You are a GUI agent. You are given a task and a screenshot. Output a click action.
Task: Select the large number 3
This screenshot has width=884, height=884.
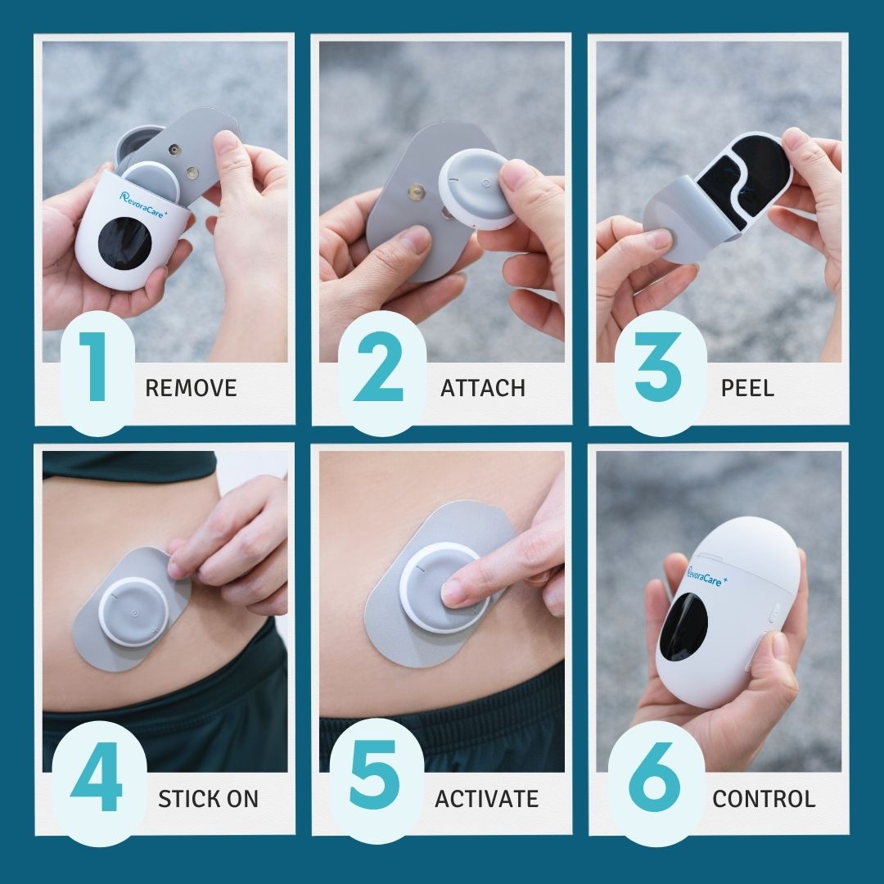point(658,367)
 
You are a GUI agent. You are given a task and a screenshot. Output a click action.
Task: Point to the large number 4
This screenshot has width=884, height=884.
point(97,776)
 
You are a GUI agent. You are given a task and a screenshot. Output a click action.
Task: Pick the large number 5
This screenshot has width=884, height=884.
point(375,775)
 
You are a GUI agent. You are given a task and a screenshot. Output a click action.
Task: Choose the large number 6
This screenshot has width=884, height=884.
point(654,776)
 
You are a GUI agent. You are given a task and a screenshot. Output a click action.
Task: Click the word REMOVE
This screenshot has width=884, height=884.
point(191,388)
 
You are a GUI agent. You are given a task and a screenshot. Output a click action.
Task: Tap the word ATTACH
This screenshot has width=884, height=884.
point(483,388)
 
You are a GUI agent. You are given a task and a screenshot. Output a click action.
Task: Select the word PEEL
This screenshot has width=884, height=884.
point(747,388)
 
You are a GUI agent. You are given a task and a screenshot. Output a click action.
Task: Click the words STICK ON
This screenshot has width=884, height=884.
point(208,799)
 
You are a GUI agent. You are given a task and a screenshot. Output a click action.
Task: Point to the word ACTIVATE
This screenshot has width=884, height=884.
point(486,799)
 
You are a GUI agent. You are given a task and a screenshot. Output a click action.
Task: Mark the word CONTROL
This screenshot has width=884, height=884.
point(764,799)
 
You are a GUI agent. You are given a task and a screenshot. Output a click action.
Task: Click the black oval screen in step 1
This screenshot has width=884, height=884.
point(124,243)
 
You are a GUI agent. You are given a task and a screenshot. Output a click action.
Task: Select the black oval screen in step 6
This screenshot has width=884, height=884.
point(683,626)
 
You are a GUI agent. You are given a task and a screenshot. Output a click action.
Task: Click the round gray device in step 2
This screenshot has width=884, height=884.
point(476,188)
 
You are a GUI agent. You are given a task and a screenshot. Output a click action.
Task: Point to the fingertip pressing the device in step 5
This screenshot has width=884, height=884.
point(453,591)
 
